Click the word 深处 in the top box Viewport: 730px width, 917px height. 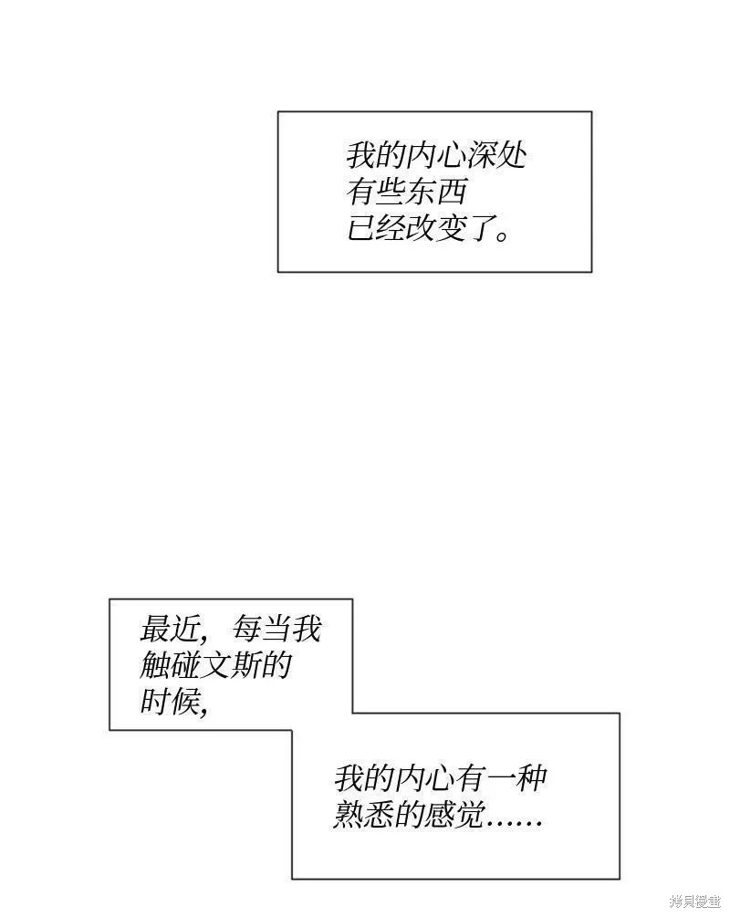tap(496, 155)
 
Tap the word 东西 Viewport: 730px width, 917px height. tap(436, 192)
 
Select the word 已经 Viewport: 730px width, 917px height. tap(377, 228)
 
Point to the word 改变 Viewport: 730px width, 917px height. tap(436, 228)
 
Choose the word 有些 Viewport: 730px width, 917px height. tap(377, 192)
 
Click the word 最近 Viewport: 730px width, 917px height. tap(170, 630)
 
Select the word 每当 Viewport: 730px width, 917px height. tap(262, 630)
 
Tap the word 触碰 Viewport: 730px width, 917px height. tap(171, 665)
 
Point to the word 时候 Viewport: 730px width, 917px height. tap(170, 701)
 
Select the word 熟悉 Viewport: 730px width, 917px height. tap(364, 814)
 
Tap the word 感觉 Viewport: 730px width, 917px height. tap(454, 814)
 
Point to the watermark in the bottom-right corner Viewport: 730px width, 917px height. tap(695, 901)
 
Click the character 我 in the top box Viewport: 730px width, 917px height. tap(361, 155)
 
